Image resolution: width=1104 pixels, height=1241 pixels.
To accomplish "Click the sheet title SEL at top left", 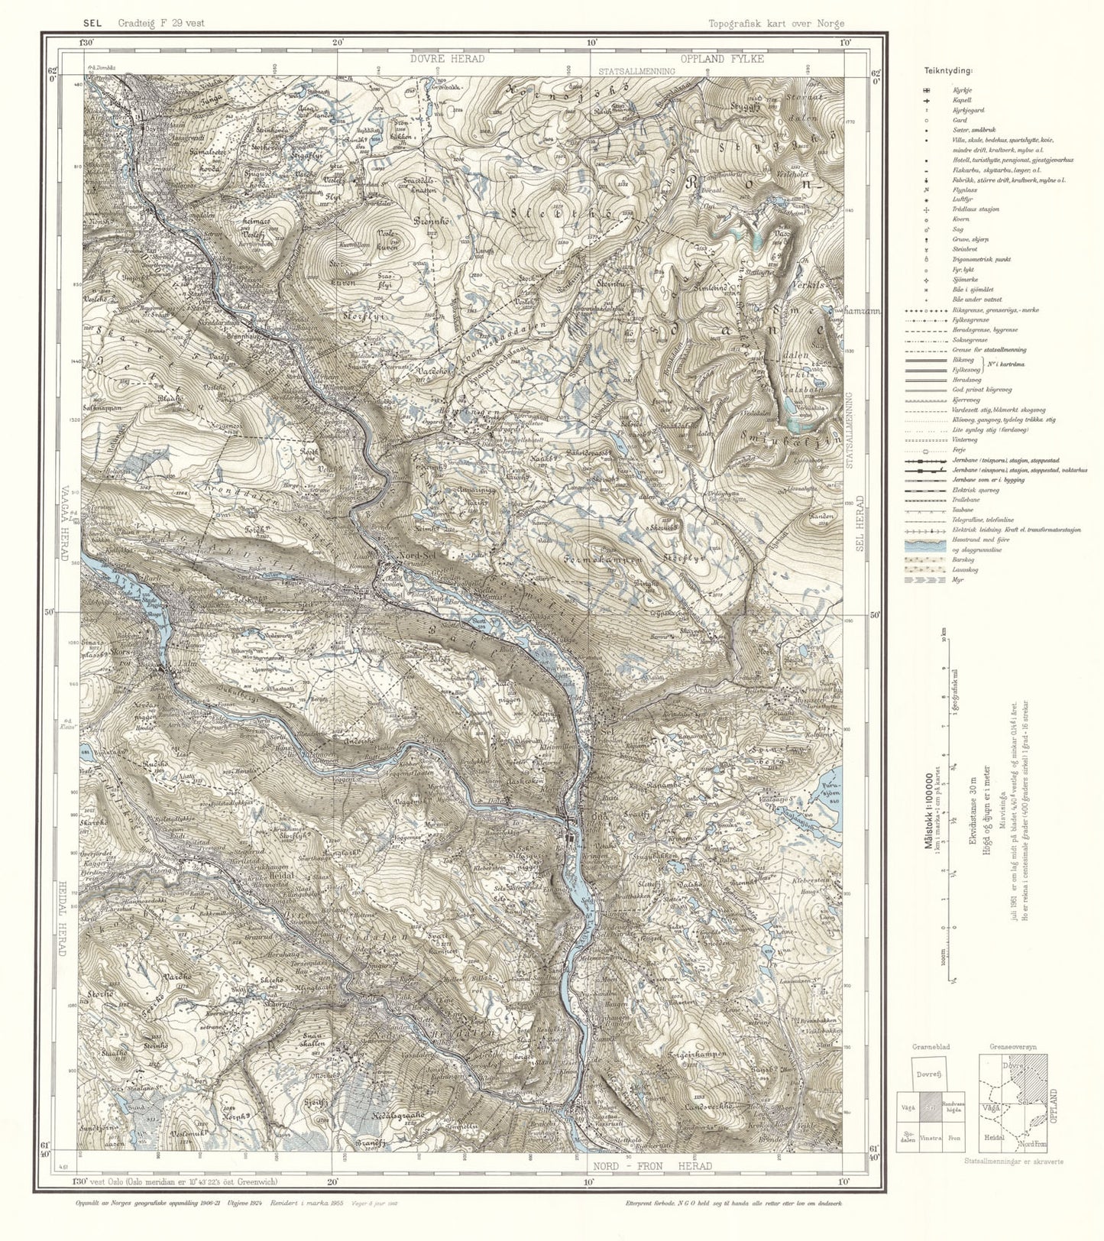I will coord(93,23).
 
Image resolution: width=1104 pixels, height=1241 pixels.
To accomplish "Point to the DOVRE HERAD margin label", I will coord(446,59).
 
